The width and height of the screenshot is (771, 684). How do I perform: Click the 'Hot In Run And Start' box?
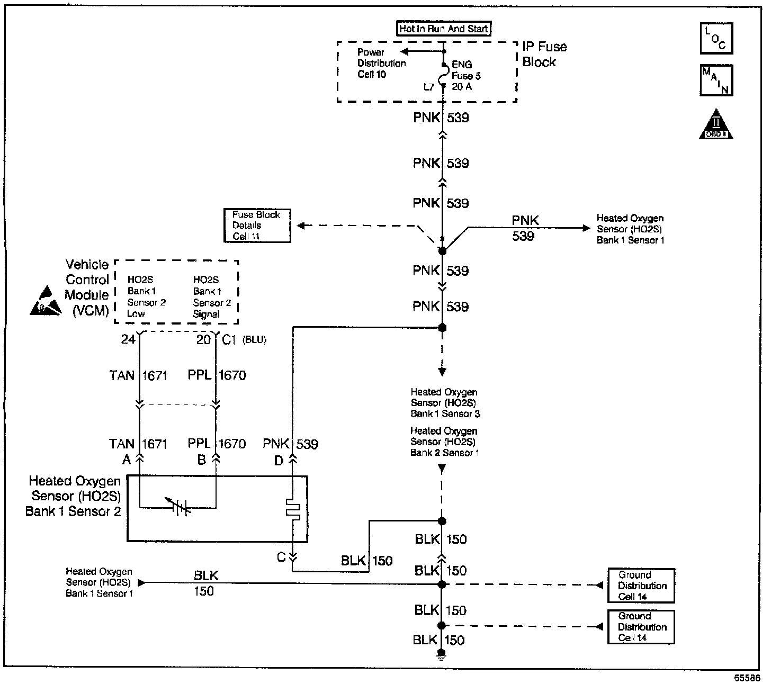pyautogui.click(x=444, y=29)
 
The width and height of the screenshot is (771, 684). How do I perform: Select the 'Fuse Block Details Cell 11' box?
pyautogui.click(x=257, y=226)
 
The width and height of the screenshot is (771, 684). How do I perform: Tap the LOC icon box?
pyautogui.click(x=716, y=38)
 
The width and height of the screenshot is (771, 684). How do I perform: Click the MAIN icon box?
pyautogui.click(x=716, y=80)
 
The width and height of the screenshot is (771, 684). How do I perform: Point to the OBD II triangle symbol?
pyautogui.click(x=716, y=125)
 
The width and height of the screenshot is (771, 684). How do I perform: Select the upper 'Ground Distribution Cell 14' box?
pyautogui.click(x=641, y=586)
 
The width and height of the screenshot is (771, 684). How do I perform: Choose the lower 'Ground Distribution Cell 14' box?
pyautogui.click(x=641, y=627)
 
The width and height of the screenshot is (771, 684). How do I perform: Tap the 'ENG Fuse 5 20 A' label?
pyautogui.click(x=465, y=75)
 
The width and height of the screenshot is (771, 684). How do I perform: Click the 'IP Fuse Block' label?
pyautogui.click(x=544, y=54)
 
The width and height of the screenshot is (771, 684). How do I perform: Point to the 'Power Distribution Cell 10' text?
pyautogui.click(x=381, y=63)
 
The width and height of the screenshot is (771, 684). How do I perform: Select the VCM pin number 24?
pyautogui.click(x=128, y=339)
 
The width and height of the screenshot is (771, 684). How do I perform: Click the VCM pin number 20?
pyautogui.click(x=203, y=339)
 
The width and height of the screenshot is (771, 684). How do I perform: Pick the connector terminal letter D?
pyautogui.click(x=279, y=461)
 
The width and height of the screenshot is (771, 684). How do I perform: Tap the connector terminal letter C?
pyautogui.click(x=282, y=557)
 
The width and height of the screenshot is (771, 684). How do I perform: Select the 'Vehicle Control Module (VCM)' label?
pyautogui.click(x=87, y=287)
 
